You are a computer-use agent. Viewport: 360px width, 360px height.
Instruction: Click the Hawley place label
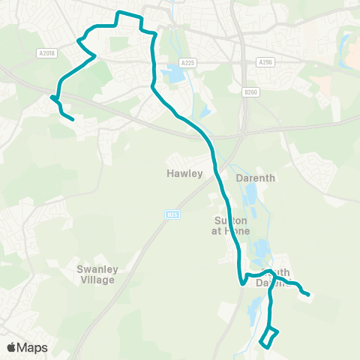pos(184,173)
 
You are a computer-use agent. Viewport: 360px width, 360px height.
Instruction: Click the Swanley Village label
pos(96,274)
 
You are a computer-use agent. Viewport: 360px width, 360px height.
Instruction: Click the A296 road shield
pos(264,62)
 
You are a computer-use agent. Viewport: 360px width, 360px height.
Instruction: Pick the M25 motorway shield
pos(171,215)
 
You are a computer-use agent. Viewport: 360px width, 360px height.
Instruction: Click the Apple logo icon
pos(11,347)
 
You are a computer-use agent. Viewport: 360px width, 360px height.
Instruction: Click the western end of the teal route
pos(73,119)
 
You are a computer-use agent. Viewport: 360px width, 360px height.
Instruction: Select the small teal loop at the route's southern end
pos(268,338)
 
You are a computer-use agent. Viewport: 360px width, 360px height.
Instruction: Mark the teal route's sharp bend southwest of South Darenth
pos(241,283)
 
